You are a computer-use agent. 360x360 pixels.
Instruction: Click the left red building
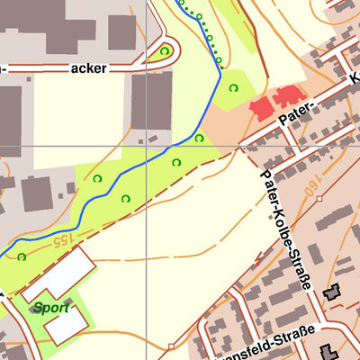point(261,110)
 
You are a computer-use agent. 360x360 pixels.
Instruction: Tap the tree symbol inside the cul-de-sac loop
point(164,51)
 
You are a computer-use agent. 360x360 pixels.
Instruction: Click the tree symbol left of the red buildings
point(233,87)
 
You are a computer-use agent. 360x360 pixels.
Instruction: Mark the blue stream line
point(135,178)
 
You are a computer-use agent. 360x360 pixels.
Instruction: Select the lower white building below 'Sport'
point(68,325)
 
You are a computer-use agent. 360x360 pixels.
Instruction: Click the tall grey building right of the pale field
point(152,100)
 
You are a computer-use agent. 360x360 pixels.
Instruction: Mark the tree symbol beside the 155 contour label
point(22,256)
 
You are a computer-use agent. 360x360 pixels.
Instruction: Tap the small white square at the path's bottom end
point(170,345)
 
